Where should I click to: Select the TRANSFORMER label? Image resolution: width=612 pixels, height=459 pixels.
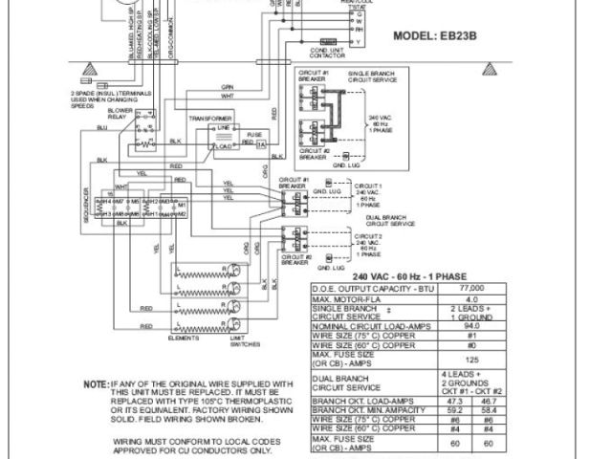[209, 117]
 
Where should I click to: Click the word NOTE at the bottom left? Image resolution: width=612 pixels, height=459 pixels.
[121, 383]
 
